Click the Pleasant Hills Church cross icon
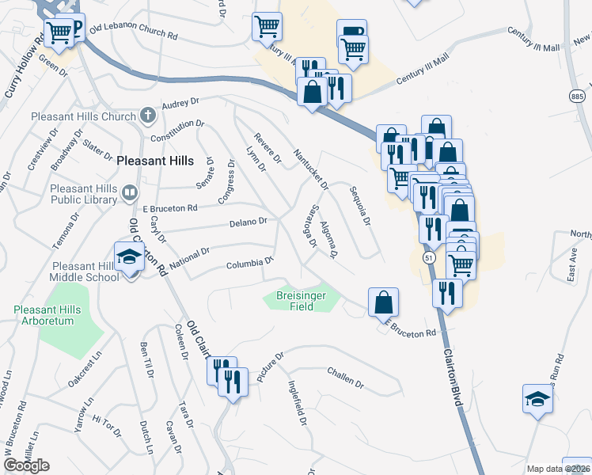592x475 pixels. coord(147,116)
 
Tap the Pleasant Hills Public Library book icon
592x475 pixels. coord(129,192)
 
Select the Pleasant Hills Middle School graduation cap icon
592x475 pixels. coord(129,257)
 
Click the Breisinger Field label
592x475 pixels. coord(301,300)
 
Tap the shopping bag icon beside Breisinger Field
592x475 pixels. coord(383,302)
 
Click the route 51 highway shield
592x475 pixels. coord(428,258)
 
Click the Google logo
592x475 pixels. coord(26,465)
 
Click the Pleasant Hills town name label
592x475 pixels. coord(154,160)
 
